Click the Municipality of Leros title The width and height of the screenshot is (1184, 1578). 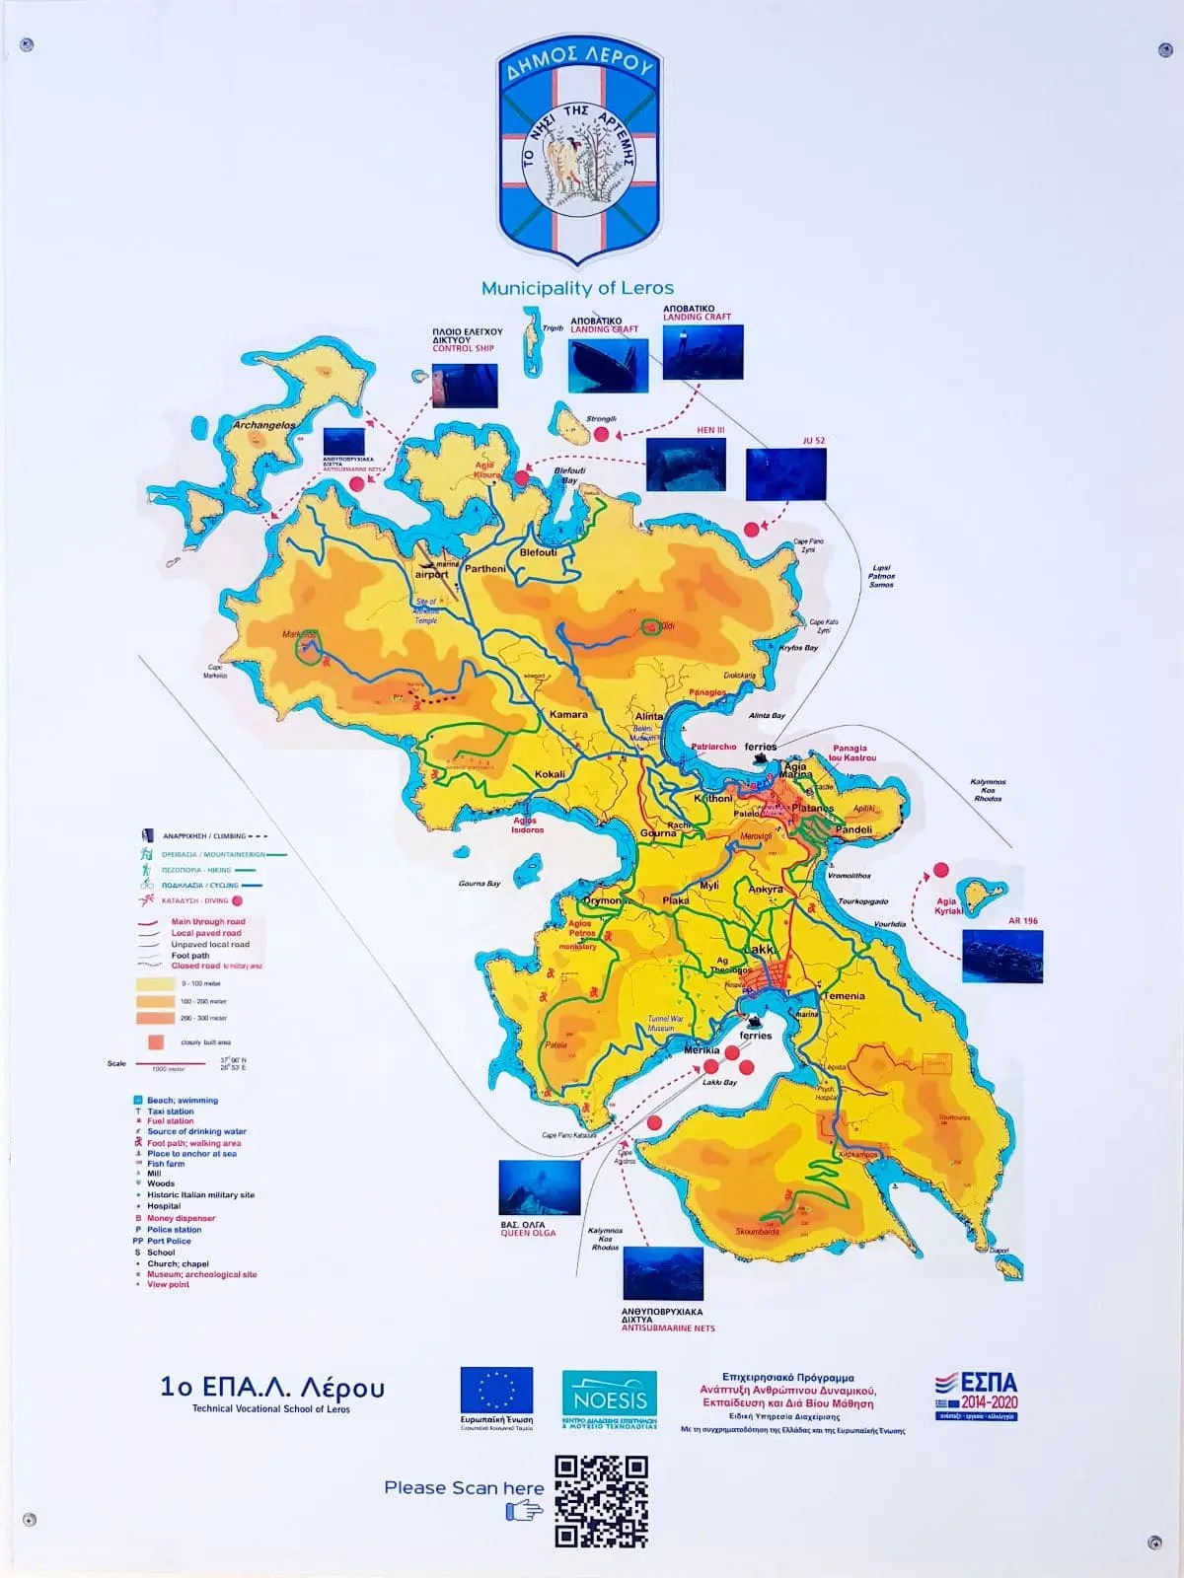577,288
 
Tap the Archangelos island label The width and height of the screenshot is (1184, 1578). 263,425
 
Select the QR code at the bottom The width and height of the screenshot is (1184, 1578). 601,1501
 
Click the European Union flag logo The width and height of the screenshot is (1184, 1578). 496,1391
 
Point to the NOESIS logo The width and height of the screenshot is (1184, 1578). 610,1399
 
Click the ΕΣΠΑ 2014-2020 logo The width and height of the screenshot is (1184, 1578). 976,1395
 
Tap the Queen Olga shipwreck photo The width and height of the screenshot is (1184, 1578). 538,1187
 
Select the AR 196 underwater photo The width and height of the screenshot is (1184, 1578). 1001,957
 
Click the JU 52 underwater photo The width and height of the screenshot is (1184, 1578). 785,474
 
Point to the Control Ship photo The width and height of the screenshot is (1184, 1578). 465,386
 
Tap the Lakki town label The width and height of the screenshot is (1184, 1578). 759,950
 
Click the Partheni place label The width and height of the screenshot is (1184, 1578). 484,569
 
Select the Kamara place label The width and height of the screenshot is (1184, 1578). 568,714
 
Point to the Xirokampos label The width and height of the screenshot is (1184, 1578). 857,1154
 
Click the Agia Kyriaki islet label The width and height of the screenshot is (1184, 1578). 947,905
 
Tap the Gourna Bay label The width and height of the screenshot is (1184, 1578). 480,884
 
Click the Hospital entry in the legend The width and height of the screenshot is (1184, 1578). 164,1206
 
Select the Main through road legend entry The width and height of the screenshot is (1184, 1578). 208,922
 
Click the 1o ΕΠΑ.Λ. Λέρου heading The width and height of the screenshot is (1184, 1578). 271,1388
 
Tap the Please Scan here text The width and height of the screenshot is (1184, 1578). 464,1487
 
